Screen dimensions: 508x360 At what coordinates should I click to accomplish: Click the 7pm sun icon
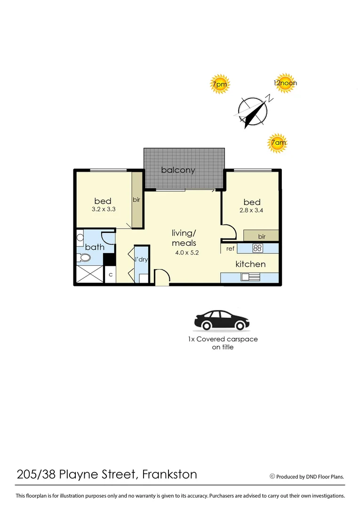pyautogui.click(x=219, y=85)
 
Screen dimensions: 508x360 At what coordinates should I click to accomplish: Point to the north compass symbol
pyautogui.click(x=254, y=111)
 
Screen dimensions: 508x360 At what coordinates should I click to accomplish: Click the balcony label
pyautogui.click(x=178, y=170)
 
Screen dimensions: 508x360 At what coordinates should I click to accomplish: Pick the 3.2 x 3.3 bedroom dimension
pyautogui.click(x=103, y=210)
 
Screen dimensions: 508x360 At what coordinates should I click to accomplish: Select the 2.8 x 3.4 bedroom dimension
pyautogui.click(x=252, y=210)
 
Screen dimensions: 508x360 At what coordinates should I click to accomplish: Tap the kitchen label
pyautogui.click(x=250, y=264)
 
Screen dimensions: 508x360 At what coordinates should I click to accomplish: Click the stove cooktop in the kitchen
pyautogui.click(x=258, y=248)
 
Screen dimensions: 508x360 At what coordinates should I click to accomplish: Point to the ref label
pyautogui.click(x=230, y=248)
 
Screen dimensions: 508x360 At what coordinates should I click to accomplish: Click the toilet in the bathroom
pyautogui.click(x=84, y=258)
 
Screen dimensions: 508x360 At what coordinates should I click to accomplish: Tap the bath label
pyautogui.click(x=95, y=247)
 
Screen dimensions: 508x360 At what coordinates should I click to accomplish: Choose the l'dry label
pyautogui.click(x=142, y=260)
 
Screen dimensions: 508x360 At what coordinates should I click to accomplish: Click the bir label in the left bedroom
pyautogui.click(x=136, y=199)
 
